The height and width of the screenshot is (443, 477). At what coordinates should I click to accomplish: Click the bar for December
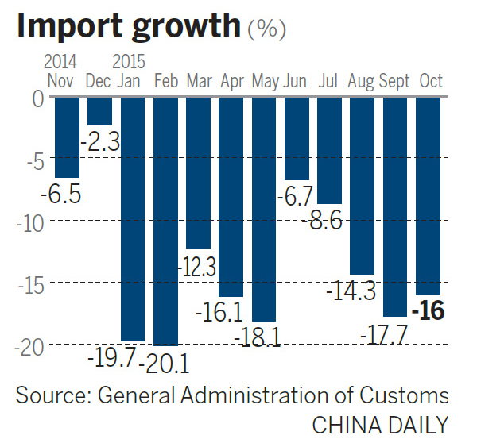tap(99, 110)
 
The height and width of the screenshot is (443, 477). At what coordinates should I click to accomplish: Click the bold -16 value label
tap(428, 310)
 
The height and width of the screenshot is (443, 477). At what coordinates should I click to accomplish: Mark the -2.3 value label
tap(100, 143)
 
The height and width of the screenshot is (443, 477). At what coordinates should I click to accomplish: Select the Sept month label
tap(394, 80)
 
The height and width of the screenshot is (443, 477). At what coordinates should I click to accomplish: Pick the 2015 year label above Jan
tap(130, 61)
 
